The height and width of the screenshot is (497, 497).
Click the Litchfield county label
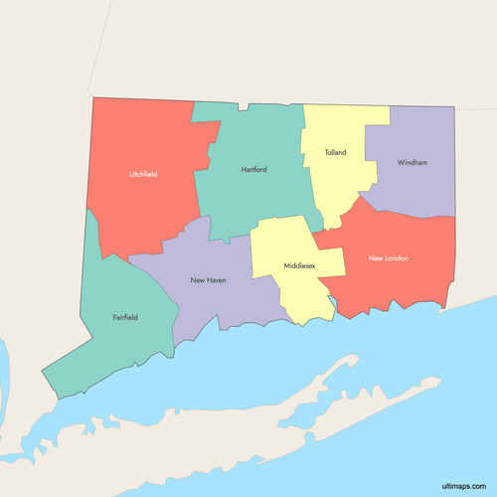click(143, 174)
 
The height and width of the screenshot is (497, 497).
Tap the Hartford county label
click(253, 170)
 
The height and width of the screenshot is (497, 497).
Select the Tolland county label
click(335, 153)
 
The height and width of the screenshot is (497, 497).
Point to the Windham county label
click(412, 162)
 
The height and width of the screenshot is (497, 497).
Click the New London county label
click(389, 258)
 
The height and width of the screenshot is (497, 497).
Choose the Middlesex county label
click(299, 266)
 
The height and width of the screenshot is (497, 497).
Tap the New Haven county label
click(208, 280)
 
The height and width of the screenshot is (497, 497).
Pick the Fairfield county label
click(125, 318)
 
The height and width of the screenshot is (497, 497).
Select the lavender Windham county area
click(417, 189)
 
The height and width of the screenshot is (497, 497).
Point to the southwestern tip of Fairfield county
click(45, 375)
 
